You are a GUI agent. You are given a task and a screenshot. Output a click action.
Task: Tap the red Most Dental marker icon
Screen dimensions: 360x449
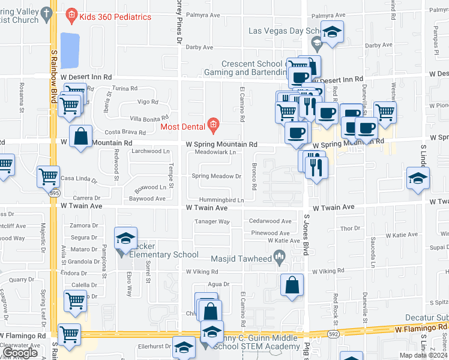tap(212, 125)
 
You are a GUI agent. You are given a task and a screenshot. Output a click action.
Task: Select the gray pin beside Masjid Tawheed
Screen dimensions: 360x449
tap(279, 259)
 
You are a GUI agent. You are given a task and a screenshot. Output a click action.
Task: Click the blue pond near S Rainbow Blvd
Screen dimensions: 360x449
tap(70, 50)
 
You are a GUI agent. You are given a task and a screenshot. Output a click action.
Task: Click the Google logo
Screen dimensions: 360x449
tap(20, 353)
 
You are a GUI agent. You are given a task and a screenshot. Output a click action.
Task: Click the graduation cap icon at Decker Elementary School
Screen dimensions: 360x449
tap(126, 239)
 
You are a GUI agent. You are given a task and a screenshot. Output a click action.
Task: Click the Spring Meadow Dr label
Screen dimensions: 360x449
tap(216, 176)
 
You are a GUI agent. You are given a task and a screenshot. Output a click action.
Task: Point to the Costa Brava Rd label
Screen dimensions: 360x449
tap(125, 132)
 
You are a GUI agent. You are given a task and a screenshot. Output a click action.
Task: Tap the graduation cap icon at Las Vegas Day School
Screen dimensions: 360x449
tap(331, 33)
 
